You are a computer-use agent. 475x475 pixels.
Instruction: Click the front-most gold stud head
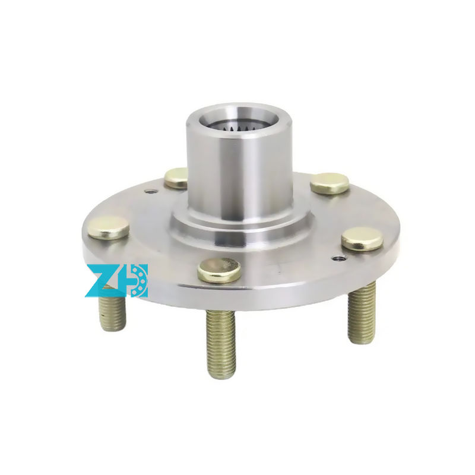(219, 270)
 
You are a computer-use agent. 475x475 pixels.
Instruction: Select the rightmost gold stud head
(362, 239)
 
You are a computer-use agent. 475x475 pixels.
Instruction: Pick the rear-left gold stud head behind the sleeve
(176, 179)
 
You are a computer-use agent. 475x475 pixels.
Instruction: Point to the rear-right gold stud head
(330, 183)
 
